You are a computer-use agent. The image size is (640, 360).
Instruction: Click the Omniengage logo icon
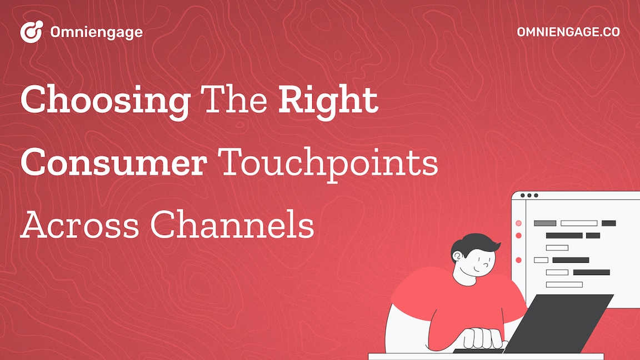pos(31,32)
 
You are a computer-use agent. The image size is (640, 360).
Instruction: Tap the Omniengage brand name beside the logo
pos(96,32)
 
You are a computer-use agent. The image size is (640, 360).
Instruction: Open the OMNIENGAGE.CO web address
pos(568,32)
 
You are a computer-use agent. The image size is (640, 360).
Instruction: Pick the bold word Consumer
pos(114,163)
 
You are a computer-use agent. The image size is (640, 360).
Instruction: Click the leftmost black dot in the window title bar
pos(522,196)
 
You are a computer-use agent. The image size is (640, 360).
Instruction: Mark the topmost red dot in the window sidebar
pos(518,223)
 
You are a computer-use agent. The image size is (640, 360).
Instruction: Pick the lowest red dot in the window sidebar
pos(518,260)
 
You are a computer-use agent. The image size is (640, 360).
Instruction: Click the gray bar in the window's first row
pos(544,223)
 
